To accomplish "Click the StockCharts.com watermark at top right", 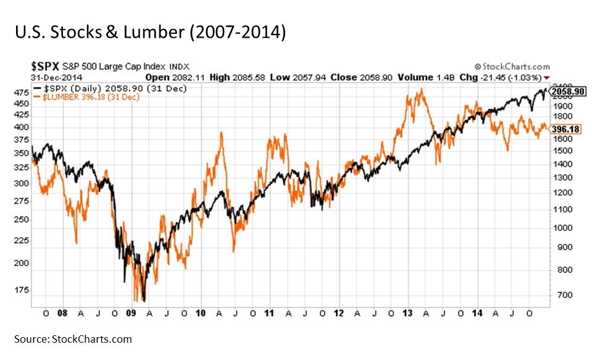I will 512,66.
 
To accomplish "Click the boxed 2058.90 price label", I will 567,91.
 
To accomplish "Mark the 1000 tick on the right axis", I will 562,227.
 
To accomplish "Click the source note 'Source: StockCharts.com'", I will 73,339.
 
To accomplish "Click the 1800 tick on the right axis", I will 562,116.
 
